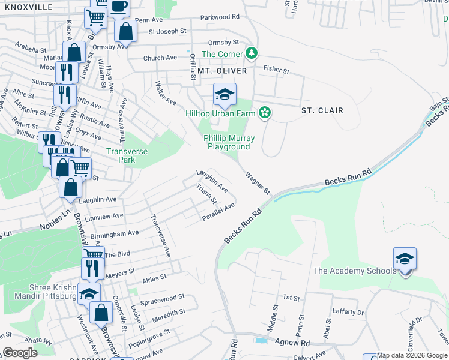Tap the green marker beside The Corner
pyautogui.click(x=252, y=54)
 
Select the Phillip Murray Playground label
pyautogui.click(x=229, y=142)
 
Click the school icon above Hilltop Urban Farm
pyautogui.click(x=224, y=95)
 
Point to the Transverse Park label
pyautogui.click(x=127, y=156)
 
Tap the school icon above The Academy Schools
pyautogui.click(x=405, y=259)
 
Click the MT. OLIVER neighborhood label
pyautogui.click(x=222, y=71)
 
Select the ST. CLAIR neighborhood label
pyautogui.click(x=322, y=110)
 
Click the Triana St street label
pyautogui.click(x=205, y=194)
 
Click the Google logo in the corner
pyautogui.click(x=20, y=353)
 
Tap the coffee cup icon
pyautogui.click(x=118, y=5)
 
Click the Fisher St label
pyautogui.click(x=276, y=70)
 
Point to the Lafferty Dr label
pyautogui.click(x=348, y=313)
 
